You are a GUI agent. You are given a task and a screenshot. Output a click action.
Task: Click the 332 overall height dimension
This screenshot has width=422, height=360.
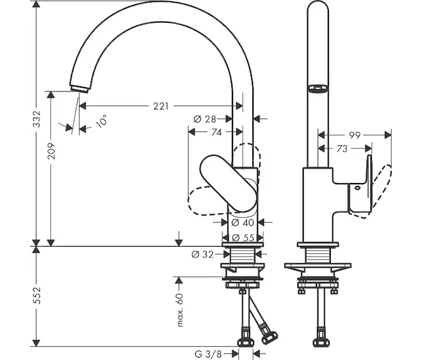(x=37, y=119)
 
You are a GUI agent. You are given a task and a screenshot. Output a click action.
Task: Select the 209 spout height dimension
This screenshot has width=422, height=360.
(x=51, y=151)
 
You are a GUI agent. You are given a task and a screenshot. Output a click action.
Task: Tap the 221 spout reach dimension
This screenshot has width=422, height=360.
(x=161, y=106)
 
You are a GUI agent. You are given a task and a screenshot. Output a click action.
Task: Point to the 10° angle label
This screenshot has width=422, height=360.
(x=101, y=121)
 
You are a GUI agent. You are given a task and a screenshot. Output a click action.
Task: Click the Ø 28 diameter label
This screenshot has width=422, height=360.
(x=205, y=119)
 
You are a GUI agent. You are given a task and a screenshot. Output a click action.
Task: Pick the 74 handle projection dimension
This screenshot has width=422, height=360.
(x=216, y=132)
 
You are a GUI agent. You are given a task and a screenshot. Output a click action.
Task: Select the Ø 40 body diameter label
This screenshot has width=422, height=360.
(x=243, y=223)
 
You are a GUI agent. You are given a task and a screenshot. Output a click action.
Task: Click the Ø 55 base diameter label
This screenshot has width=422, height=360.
(x=243, y=238)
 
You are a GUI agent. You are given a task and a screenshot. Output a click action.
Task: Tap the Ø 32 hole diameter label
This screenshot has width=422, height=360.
(x=203, y=254)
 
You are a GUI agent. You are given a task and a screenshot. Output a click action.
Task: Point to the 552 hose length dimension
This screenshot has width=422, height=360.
(x=37, y=295)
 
